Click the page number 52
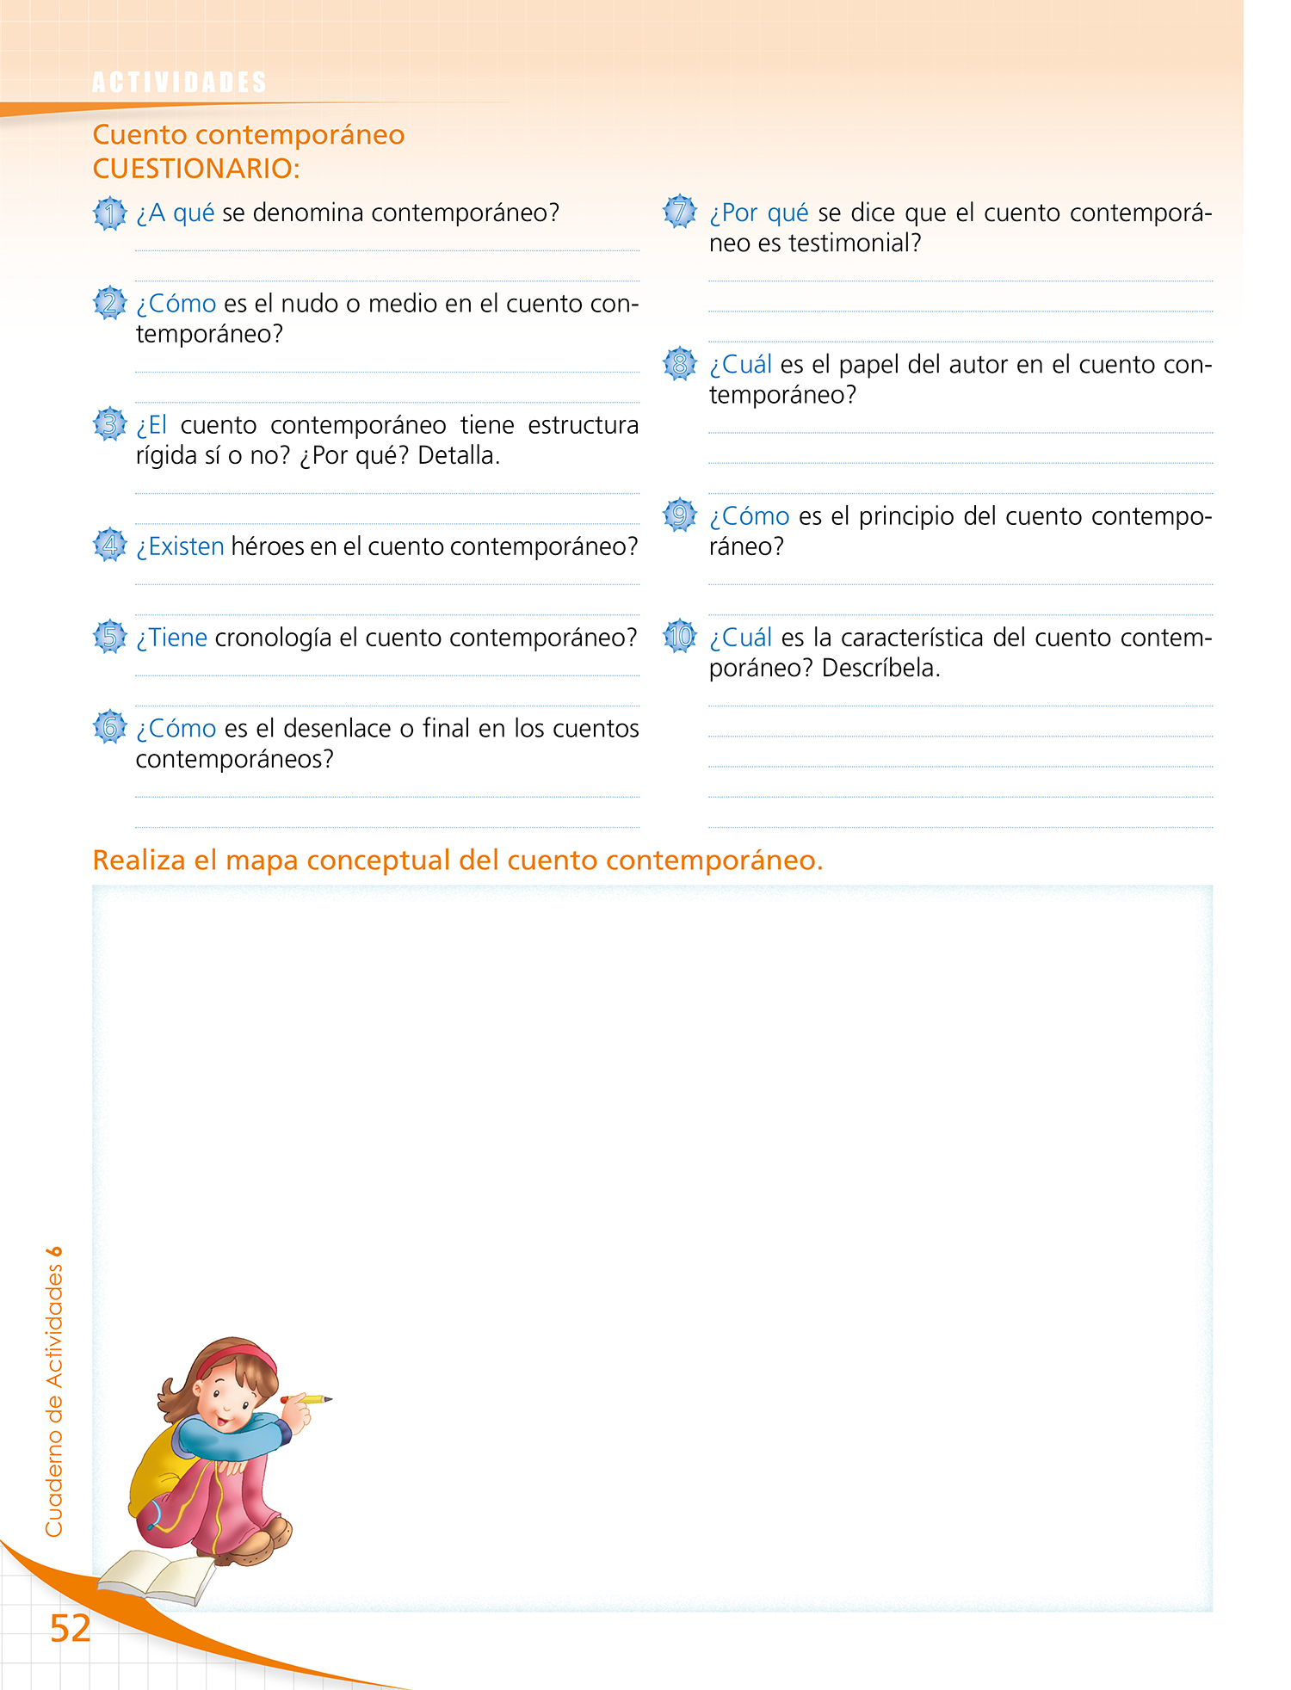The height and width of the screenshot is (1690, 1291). pos(70,1628)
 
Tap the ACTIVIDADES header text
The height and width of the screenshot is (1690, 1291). pos(179,83)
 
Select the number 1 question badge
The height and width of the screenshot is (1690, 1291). pos(109,213)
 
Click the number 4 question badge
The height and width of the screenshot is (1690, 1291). pos(109,546)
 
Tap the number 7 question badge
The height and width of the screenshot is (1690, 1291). pos(679,212)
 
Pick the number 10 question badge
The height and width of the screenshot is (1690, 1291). pos(680,637)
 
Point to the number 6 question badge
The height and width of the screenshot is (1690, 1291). pos(109,728)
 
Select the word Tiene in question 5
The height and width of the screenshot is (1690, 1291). pos(177,638)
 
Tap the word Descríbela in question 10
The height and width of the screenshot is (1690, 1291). pos(880,669)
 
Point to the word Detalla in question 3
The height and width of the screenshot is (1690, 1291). pos(458,455)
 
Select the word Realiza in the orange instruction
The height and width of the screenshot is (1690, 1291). pos(139,860)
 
